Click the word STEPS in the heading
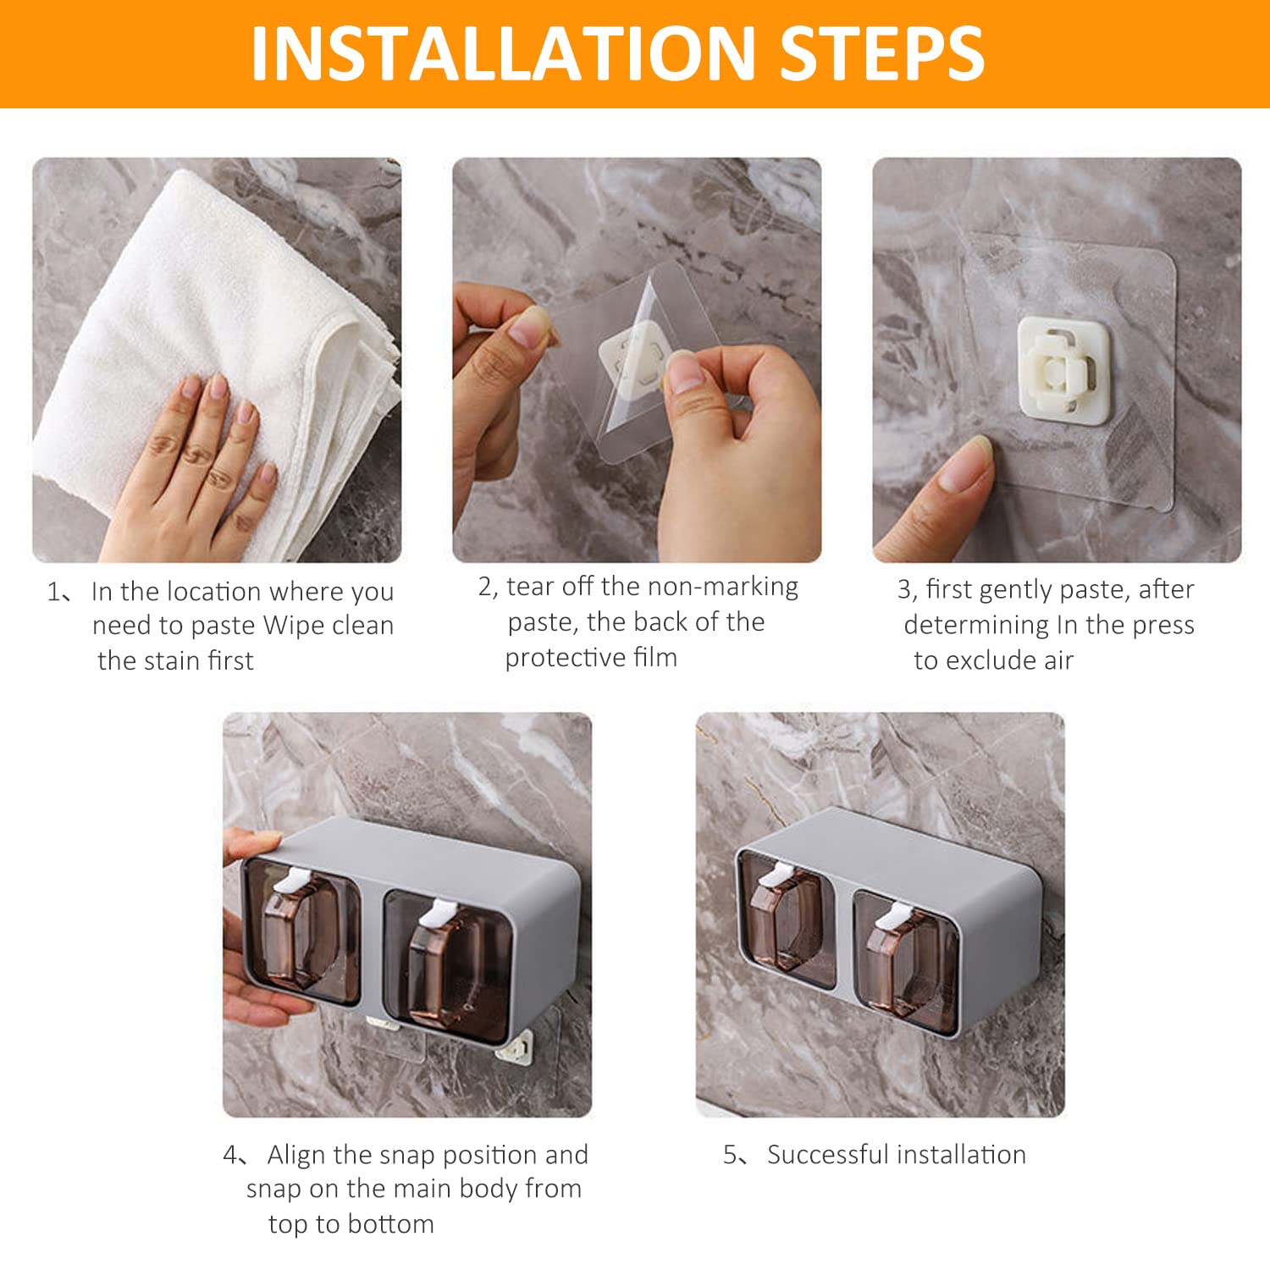881,53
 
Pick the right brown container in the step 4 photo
448,964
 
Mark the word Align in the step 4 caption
297,1155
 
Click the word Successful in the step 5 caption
828,1155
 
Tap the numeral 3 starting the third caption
904,589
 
